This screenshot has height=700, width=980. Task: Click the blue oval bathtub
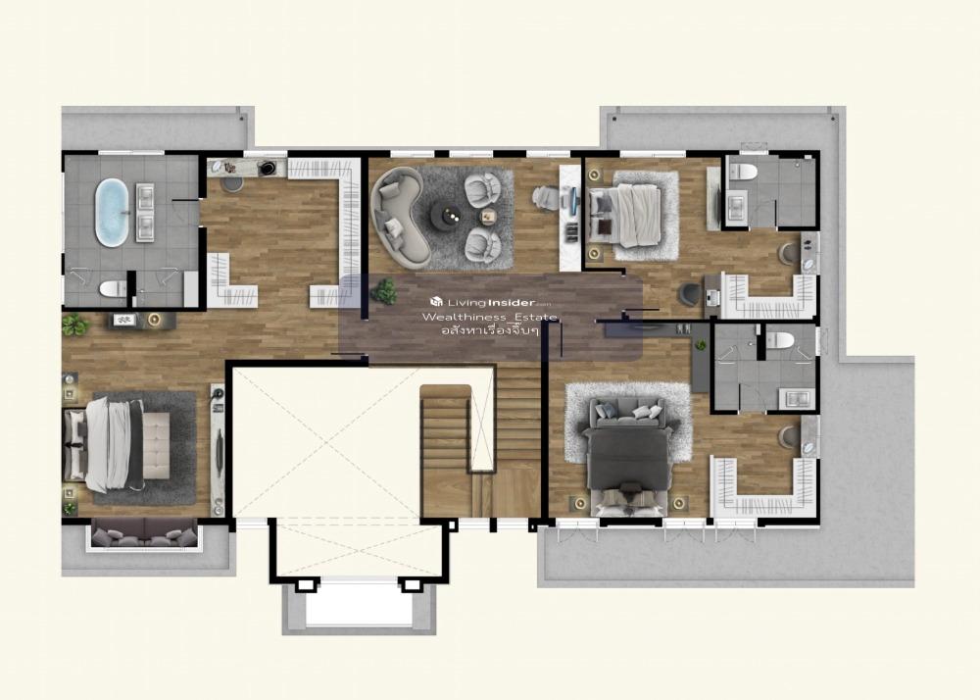pyautogui.click(x=112, y=213)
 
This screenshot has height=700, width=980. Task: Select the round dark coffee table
pyautogui.click(x=448, y=217)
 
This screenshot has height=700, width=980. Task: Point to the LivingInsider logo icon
pyautogui.click(x=436, y=302)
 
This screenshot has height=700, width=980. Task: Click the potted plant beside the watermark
pyautogui.click(x=383, y=291)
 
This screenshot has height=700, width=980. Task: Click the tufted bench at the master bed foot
pyautogui.click(x=156, y=445)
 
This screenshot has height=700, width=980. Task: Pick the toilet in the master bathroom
pyautogui.click(x=113, y=289)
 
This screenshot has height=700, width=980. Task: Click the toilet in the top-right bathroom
pyautogui.click(x=743, y=170)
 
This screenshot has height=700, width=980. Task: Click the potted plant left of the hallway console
pyautogui.click(x=74, y=325)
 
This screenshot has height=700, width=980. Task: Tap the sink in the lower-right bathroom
pyautogui.click(x=797, y=397)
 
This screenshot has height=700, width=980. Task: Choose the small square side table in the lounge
pyautogui.click(x=487, y=217)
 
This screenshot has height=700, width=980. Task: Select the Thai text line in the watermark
pyautogui.click(x=490, y=330)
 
